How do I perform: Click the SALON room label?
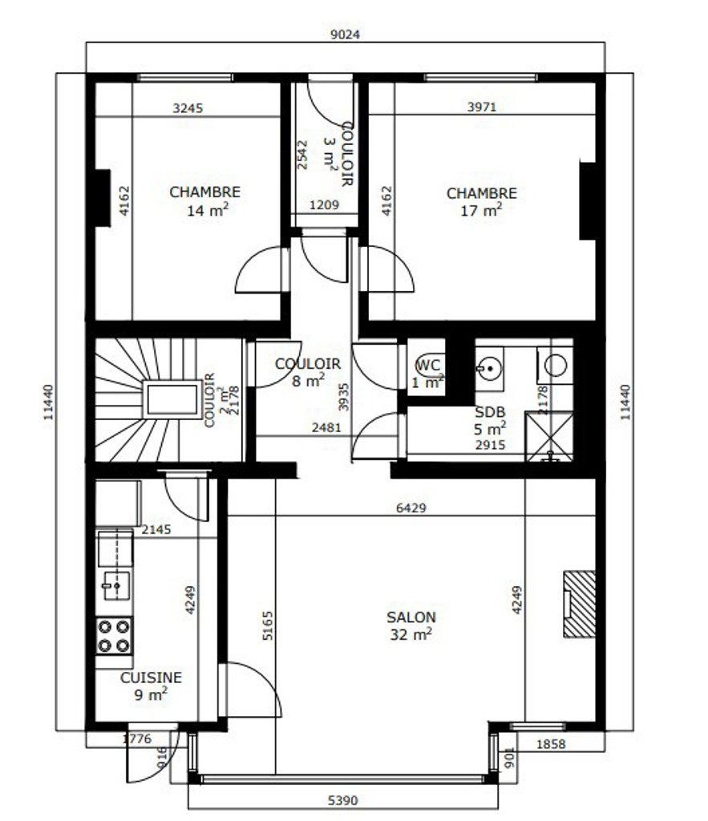pos(411,617)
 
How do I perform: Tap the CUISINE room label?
pos(151,677)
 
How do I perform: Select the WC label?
pos(428,365)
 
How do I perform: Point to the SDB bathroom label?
pos(490,412)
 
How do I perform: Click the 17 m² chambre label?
pos(481,201)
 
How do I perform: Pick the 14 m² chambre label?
pos(204,200)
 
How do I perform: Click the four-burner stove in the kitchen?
pos(114,636)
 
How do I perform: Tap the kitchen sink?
pos(115,584)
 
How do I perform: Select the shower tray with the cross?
pos(548,437)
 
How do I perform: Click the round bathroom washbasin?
pos(489,369)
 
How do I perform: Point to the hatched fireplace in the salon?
pos(579,604)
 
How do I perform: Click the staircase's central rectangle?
pos(172,399)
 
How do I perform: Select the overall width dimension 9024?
pos(345,34)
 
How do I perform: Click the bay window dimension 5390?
pos(343,801)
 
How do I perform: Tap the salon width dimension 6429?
pos(411,508)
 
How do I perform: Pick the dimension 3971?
pos(482,107)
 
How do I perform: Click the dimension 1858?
pos(551,743)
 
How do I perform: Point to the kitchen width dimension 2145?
pos(156,529)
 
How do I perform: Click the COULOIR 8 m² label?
pos(307,372)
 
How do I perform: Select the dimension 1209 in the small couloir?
pos(324,204)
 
